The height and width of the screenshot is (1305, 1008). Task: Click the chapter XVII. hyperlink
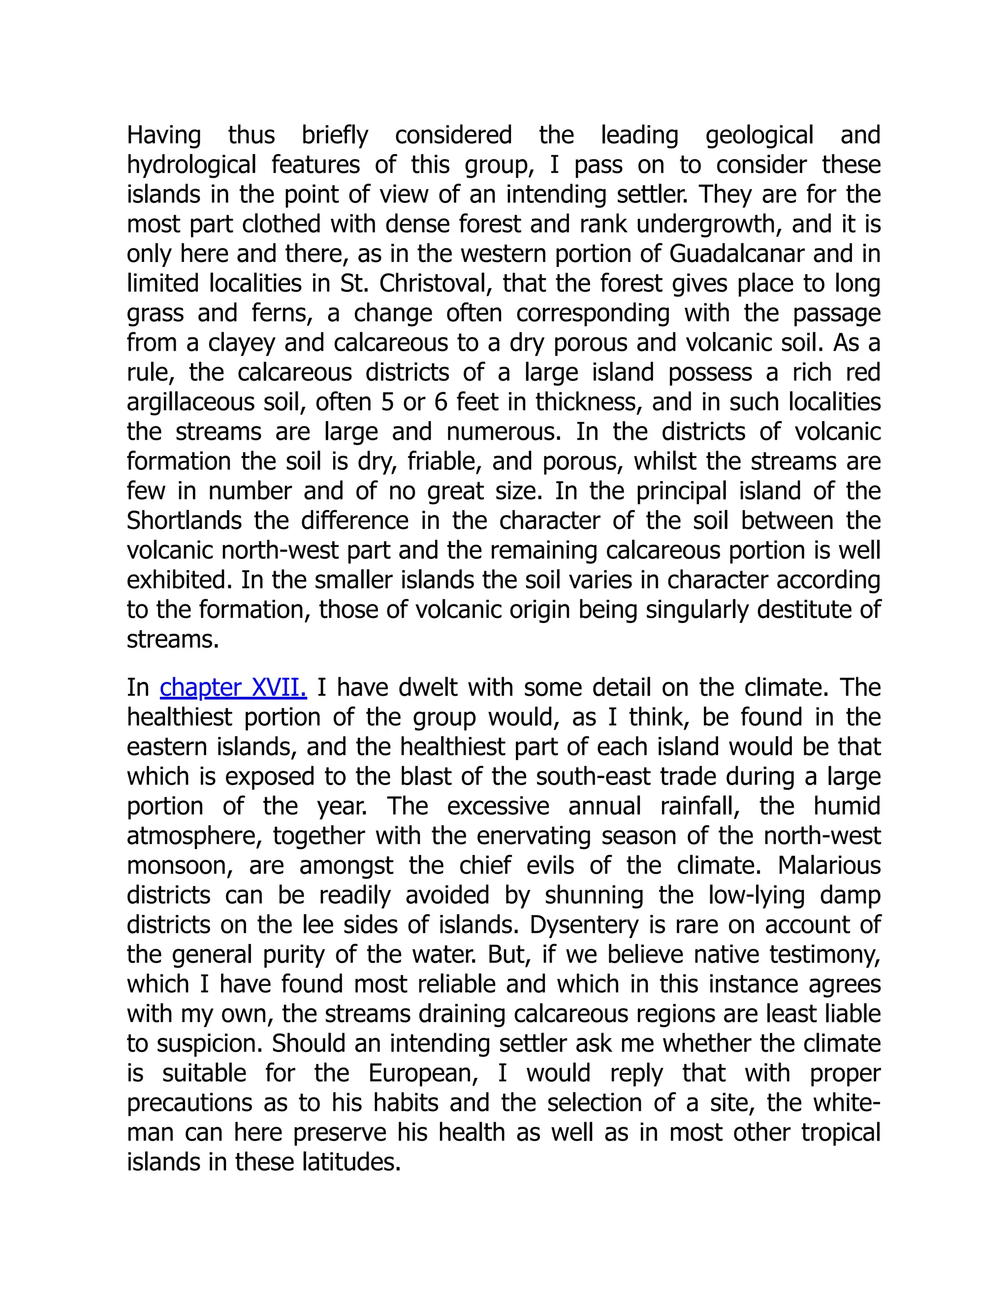[233, 688]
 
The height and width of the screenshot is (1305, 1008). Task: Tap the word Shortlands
[184, 521]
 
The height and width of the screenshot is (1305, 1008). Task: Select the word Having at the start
[163, 135]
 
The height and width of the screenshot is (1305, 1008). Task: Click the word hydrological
[192, 165]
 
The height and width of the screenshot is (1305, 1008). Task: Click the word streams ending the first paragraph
[173, 640]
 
